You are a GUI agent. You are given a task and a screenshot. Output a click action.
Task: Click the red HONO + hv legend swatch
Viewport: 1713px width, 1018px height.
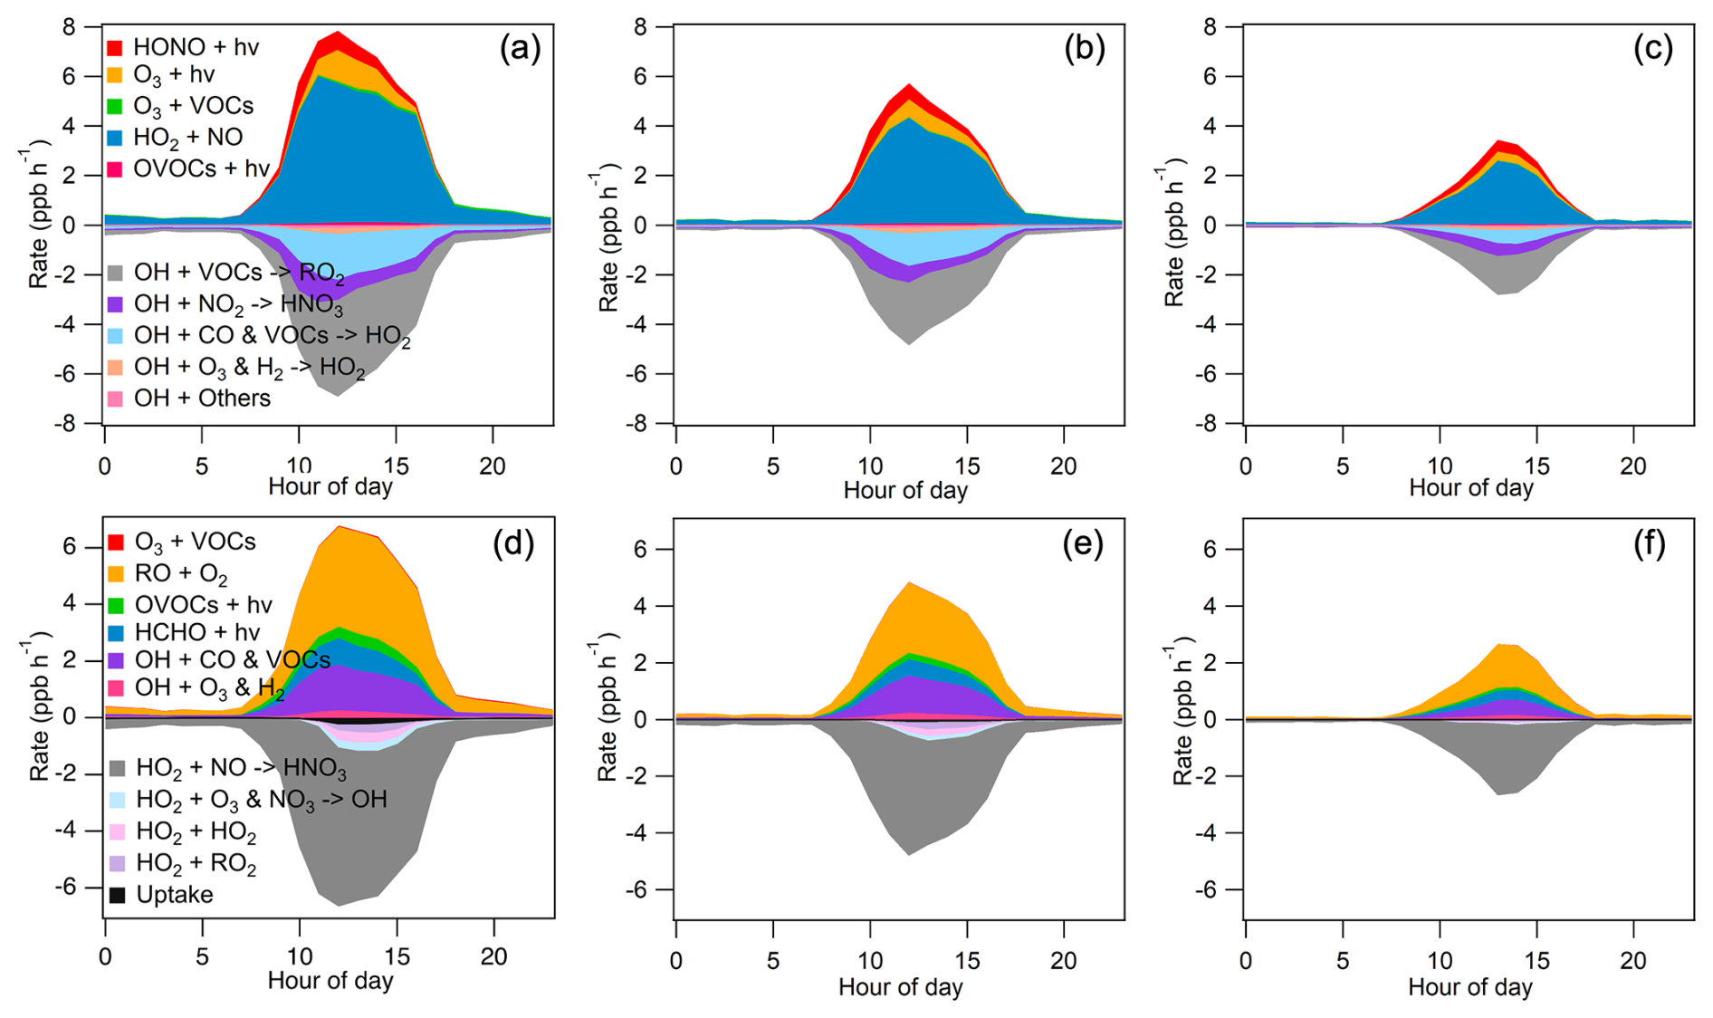pos(115,47)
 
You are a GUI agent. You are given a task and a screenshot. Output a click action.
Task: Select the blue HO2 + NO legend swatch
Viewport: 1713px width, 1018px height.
pos(115,138)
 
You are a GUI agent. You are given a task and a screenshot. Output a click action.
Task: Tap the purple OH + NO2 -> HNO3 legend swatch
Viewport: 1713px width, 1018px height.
pos(115,304)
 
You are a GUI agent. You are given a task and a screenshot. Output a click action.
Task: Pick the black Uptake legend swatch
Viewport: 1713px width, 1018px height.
pos(117,895)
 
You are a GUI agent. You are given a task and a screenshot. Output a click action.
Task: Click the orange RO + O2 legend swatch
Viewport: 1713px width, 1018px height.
pos(116,573)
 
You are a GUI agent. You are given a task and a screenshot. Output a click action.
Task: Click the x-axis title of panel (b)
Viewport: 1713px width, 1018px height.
pos(905,490)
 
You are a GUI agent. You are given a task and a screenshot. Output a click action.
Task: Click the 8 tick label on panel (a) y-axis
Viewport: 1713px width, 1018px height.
pos(69,27)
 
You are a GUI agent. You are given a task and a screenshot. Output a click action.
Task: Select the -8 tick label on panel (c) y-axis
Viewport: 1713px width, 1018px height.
pos(1210,423)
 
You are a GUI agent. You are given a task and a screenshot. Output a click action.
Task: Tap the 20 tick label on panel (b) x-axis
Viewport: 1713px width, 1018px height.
pos(1063,466)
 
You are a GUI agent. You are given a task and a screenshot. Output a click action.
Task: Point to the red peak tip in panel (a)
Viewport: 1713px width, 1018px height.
pos(338,32)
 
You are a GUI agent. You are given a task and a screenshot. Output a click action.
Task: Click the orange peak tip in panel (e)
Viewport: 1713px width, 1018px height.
pos(910,582)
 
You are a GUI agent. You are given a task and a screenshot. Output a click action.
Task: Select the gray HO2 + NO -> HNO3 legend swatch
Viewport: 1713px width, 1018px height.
pos(117,769)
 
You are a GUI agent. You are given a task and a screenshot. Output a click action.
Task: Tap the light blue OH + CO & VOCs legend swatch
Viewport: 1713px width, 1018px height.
pos(115,336)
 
